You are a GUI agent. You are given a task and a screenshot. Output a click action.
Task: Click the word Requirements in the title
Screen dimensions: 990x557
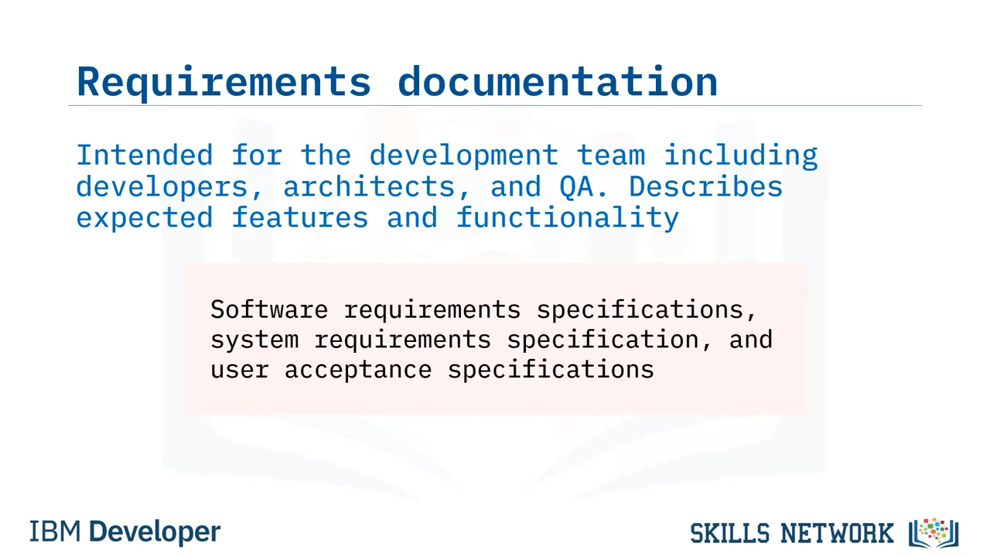[x=224, y=82]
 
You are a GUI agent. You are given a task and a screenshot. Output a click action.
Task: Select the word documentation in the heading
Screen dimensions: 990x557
[x=558, y=81]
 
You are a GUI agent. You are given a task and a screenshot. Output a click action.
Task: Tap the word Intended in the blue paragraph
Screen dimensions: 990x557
[x=145, y=155]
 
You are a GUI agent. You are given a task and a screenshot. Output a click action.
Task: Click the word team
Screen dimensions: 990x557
[x=611, y=155]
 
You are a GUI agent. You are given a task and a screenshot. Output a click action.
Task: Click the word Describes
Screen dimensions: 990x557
[x=705, y=186]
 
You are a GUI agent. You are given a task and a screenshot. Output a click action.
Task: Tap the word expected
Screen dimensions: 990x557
[x=145, y=218]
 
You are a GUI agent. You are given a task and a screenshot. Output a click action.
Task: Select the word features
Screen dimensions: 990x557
[x=300, y=217]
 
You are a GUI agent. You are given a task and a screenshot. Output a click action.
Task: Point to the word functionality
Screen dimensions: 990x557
[x=568, y=218]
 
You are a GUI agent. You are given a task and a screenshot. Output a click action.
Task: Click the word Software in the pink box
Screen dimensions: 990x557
[x=269, y=309]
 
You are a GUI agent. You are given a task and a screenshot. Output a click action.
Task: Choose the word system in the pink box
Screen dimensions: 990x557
[x=254, y=340]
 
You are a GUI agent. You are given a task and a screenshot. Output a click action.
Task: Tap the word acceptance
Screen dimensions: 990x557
[x=358, y=371]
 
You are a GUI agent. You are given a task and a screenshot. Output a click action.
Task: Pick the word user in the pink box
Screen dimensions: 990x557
[x=240, y=371]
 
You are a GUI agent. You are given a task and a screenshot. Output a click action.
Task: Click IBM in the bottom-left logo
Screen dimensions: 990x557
[x=55, y=531]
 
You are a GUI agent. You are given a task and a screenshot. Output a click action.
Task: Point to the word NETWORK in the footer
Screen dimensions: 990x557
[x=837, y=533]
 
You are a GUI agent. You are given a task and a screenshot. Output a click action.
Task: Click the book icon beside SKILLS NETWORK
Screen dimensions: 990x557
[x=934, y=533]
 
